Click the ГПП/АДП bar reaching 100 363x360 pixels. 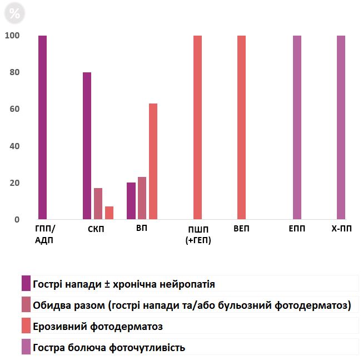tap(42, 127)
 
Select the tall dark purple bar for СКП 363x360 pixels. tap(87, 146)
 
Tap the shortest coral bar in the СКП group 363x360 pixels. tap(109, 213)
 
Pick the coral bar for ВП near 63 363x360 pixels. tap(153, 161)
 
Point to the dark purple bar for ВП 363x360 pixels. tap(131, 201)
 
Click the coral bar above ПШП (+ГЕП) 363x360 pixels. tap(197, 127)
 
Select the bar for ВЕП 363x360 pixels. tap(241, 127)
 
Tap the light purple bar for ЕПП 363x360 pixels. tap(297, 127)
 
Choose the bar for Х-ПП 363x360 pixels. tap(341, 127)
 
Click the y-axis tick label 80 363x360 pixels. tap(14, 72)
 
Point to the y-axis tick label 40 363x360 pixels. tap(14, 146)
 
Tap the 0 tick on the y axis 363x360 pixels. tap(17, 220)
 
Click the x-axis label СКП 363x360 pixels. tap(96, 229)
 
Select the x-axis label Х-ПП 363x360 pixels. tap(341, 229)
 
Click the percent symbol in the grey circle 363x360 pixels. tap(14, 13)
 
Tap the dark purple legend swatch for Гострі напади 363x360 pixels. tap(26, 283)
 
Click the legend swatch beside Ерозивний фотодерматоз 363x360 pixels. tap(26, 326)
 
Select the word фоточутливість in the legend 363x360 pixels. tap(147, 348)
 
